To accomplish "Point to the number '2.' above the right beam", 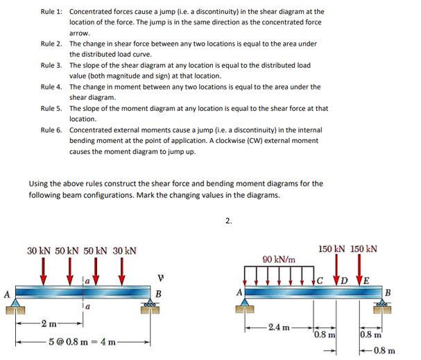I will pyautogui.click(x=229, y=221).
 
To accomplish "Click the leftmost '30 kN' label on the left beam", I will pyautogui.click(x=40, y=250).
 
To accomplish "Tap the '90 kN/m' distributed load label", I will pyautogui.click(x=280, y=259).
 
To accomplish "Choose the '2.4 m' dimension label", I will pyautogui.click(x=280, y=326).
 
